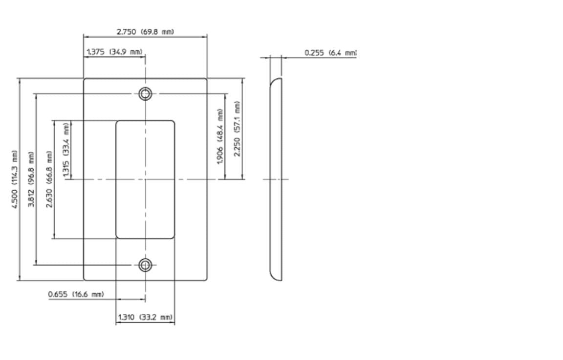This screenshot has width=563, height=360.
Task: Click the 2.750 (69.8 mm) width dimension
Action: coord(145,32)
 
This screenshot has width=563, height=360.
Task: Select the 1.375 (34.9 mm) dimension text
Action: coord(114,52)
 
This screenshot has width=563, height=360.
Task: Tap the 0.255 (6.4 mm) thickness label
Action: coord(330,53)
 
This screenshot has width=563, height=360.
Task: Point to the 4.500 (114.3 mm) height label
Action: coord(14,180)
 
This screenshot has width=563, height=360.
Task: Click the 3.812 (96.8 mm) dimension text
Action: coord(32,180)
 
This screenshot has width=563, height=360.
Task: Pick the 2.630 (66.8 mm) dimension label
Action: coord(49,180)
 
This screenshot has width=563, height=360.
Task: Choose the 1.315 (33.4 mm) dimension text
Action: coord(66,150)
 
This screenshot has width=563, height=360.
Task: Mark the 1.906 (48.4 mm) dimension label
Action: coord(220,136)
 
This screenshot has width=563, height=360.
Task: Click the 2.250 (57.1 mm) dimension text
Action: coord(237,129)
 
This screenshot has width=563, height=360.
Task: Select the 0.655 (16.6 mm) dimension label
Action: coord(76,294)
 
